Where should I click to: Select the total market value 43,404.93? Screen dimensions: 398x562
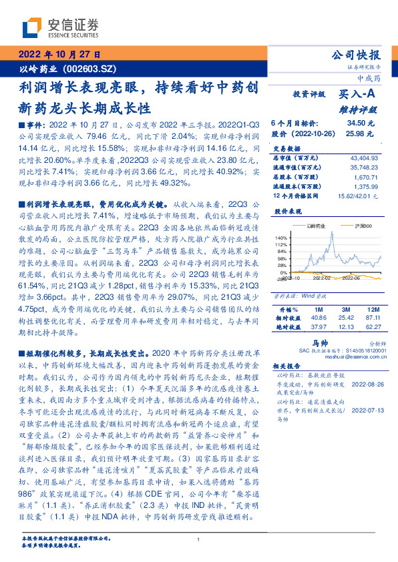tap(363, 157)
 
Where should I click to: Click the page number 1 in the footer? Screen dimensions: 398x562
tap(199, 539)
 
